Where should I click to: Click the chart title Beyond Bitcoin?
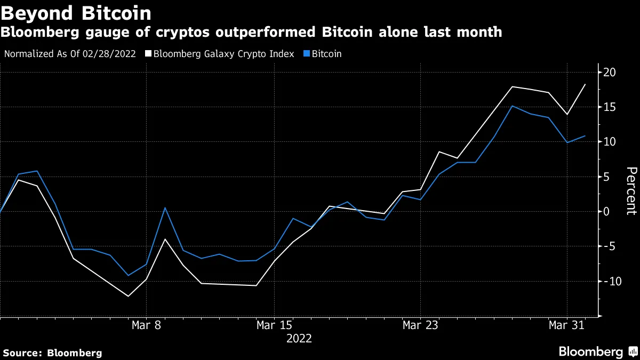(76, 12)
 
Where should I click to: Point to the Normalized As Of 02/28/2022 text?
(70, 54)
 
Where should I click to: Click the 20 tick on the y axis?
(610, 73)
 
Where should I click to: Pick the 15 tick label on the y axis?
(610, 107)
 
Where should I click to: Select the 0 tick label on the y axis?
(607, 211)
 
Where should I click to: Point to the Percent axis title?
(631, 190)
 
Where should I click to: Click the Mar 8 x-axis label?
(146, 325)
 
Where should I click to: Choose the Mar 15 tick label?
(274, 325)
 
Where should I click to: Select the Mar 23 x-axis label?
(420, 325)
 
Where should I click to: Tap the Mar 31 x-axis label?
(566, 325)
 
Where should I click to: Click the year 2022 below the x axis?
(299, 339)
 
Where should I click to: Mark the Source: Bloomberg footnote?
(52, 353)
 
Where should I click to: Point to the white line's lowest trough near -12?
(128, 296)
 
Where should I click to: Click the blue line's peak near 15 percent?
(512, 106)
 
